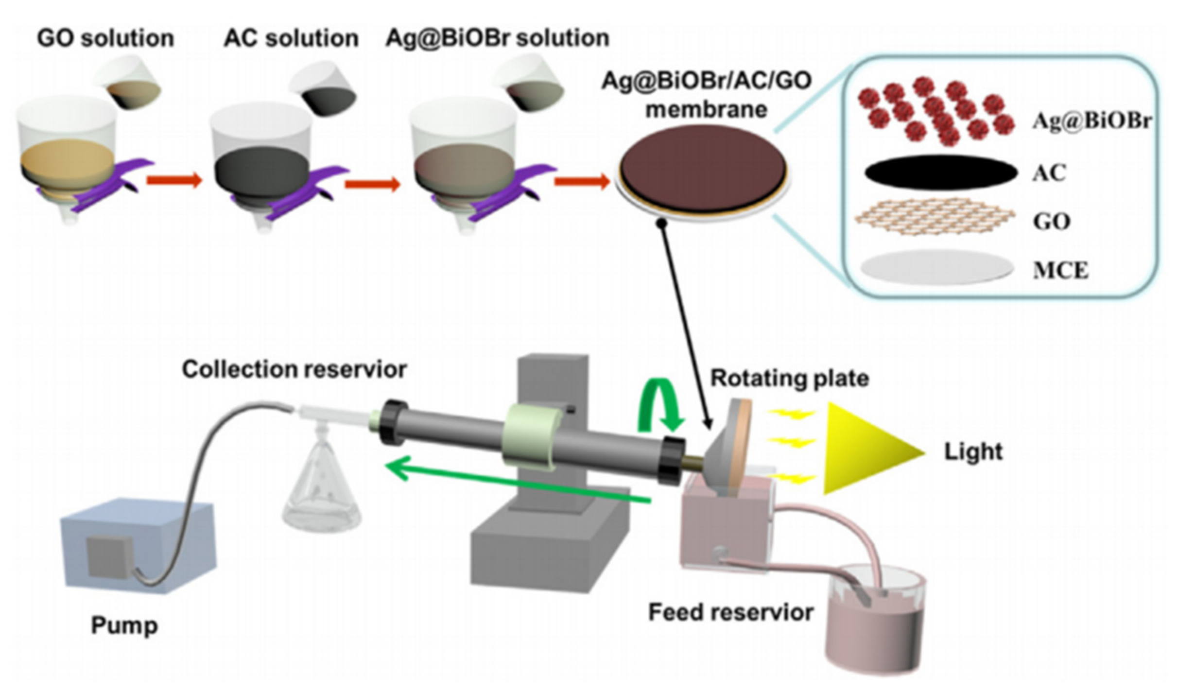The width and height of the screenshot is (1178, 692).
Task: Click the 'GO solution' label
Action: (x=105, y=38)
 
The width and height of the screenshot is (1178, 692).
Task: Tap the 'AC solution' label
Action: (x=291, y=38)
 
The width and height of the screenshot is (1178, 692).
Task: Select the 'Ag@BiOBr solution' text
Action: (x=497, y=38)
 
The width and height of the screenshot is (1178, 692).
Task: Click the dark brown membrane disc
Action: (x=703, y=168)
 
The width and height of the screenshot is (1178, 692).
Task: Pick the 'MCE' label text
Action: (x=1060, y=270)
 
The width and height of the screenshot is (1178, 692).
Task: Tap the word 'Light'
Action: (x=972, y=451)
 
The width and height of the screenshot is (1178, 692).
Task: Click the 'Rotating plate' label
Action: (x=789, y=379)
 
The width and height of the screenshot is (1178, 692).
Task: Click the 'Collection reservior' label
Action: (x=294, y=369)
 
